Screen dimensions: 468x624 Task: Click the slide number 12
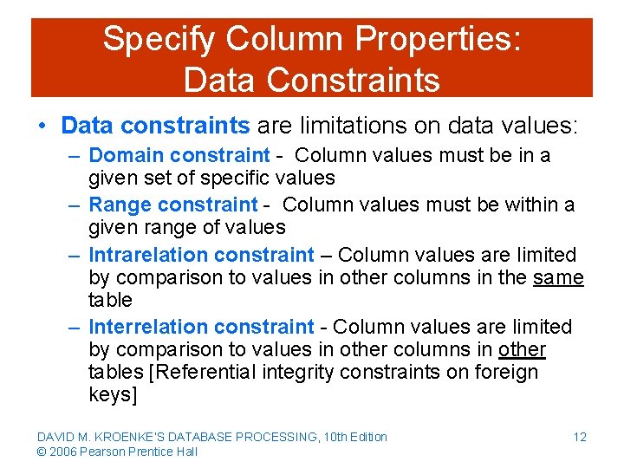click(580, 437)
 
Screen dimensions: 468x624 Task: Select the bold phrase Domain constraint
click(179, 155)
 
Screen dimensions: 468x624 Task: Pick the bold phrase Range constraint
click(173, 205)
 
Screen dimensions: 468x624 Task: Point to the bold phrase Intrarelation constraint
click(201, 255)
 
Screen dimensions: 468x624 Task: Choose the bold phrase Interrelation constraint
click(201, 327)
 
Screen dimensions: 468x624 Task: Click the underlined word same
click(558, 277)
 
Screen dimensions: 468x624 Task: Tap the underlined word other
click(522, 349)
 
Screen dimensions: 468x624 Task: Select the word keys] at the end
click(113, 394)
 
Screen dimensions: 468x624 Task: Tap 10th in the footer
click(334, 437)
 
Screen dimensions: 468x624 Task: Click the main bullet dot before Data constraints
click(42, 126)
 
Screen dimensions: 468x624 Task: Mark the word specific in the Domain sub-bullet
click(237, 178)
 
